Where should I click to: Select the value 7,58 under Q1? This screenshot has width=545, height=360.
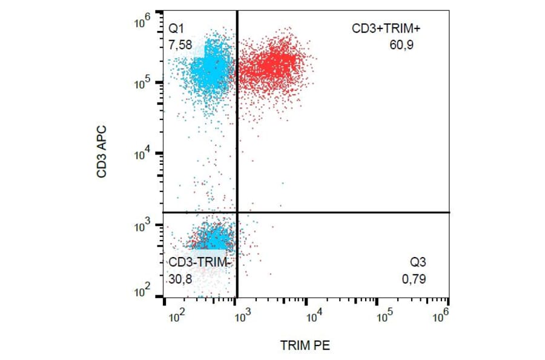tap(179, 44)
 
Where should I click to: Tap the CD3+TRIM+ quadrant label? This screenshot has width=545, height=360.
tap(382, 28)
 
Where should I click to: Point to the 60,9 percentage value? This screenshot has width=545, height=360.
tap(401, 44)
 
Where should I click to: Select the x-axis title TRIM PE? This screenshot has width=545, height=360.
tap(305, 345)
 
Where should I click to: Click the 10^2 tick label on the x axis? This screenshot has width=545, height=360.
tap(176, 317)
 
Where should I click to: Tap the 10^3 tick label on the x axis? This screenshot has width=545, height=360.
tap(242, 317)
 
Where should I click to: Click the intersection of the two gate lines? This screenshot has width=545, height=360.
tap(236, 212)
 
